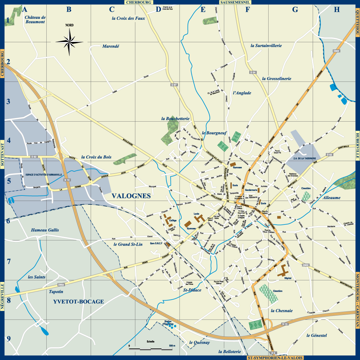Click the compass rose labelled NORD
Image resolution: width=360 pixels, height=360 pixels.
tap(70, 41)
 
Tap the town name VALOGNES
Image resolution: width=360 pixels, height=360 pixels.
tap(131, 196)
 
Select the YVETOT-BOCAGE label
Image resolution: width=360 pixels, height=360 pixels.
tap(78, 302)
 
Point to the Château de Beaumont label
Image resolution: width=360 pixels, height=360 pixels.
tap(35, 20)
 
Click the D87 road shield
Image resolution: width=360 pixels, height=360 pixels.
tap(174, 85)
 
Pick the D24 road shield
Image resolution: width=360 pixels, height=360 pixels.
tap(253, 72)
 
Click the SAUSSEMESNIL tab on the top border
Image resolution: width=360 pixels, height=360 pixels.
tap(235, 2)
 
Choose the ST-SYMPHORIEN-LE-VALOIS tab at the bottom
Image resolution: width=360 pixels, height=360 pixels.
tap(275, 358)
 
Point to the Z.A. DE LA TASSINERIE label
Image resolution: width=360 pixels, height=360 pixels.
tap(304, 158)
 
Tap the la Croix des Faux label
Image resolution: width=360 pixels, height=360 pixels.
tap(128, 18)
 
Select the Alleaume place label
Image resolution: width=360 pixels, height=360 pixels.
tap(331, 197)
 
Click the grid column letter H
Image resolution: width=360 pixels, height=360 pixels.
tap(337, 10)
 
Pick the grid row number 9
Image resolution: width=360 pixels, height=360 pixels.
tap(9, 339)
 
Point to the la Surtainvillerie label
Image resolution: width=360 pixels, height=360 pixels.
tap(266, 46)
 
